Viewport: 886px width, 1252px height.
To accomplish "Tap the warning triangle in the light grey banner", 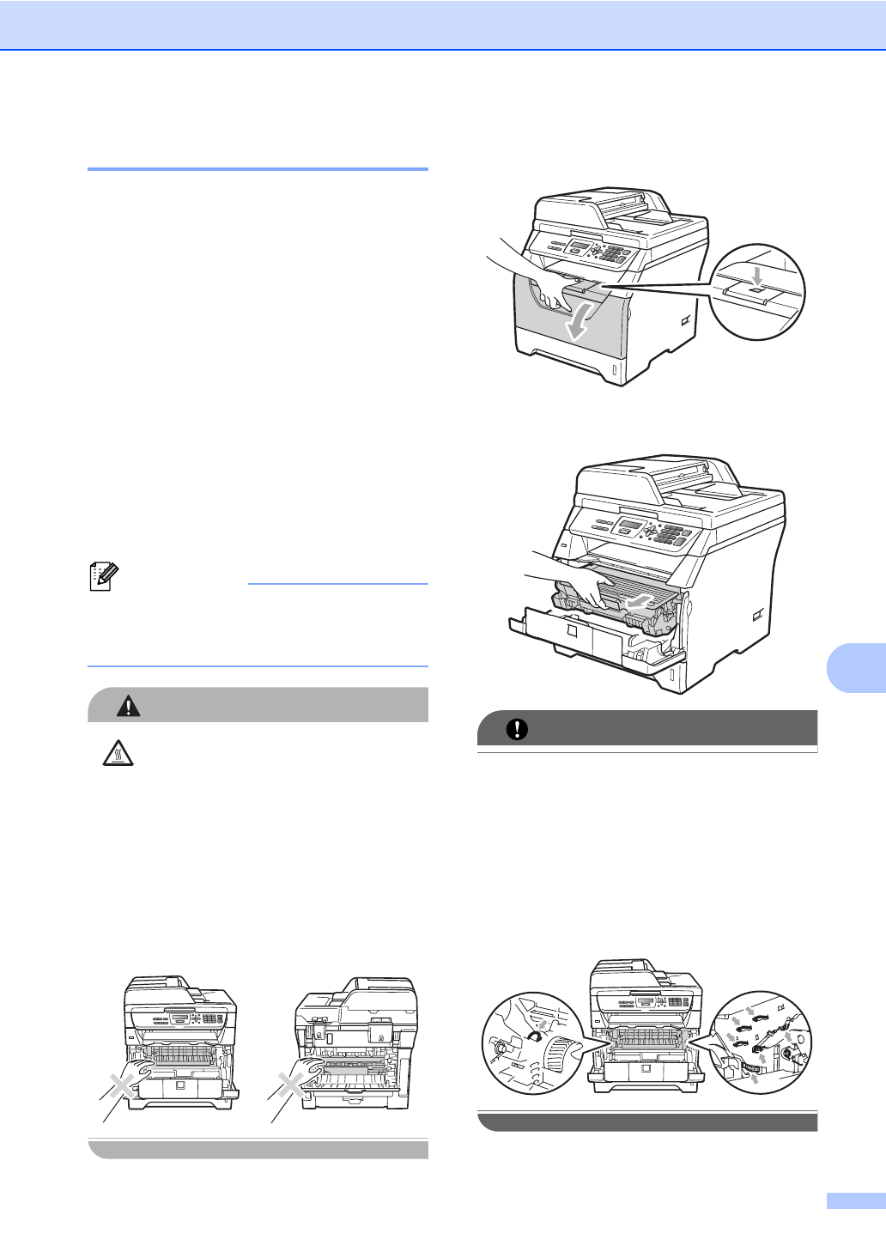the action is point(129,706).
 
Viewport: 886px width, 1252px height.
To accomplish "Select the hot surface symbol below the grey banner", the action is point(117,753).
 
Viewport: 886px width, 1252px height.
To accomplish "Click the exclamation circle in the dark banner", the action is point(517,729).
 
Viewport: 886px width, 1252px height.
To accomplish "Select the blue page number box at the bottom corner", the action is point(855,1201).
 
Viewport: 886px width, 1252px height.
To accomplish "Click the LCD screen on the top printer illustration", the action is point(580,247).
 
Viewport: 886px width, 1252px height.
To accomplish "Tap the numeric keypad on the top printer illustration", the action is point(615,254).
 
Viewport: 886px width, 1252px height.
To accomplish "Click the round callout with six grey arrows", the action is point(762,1042).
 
